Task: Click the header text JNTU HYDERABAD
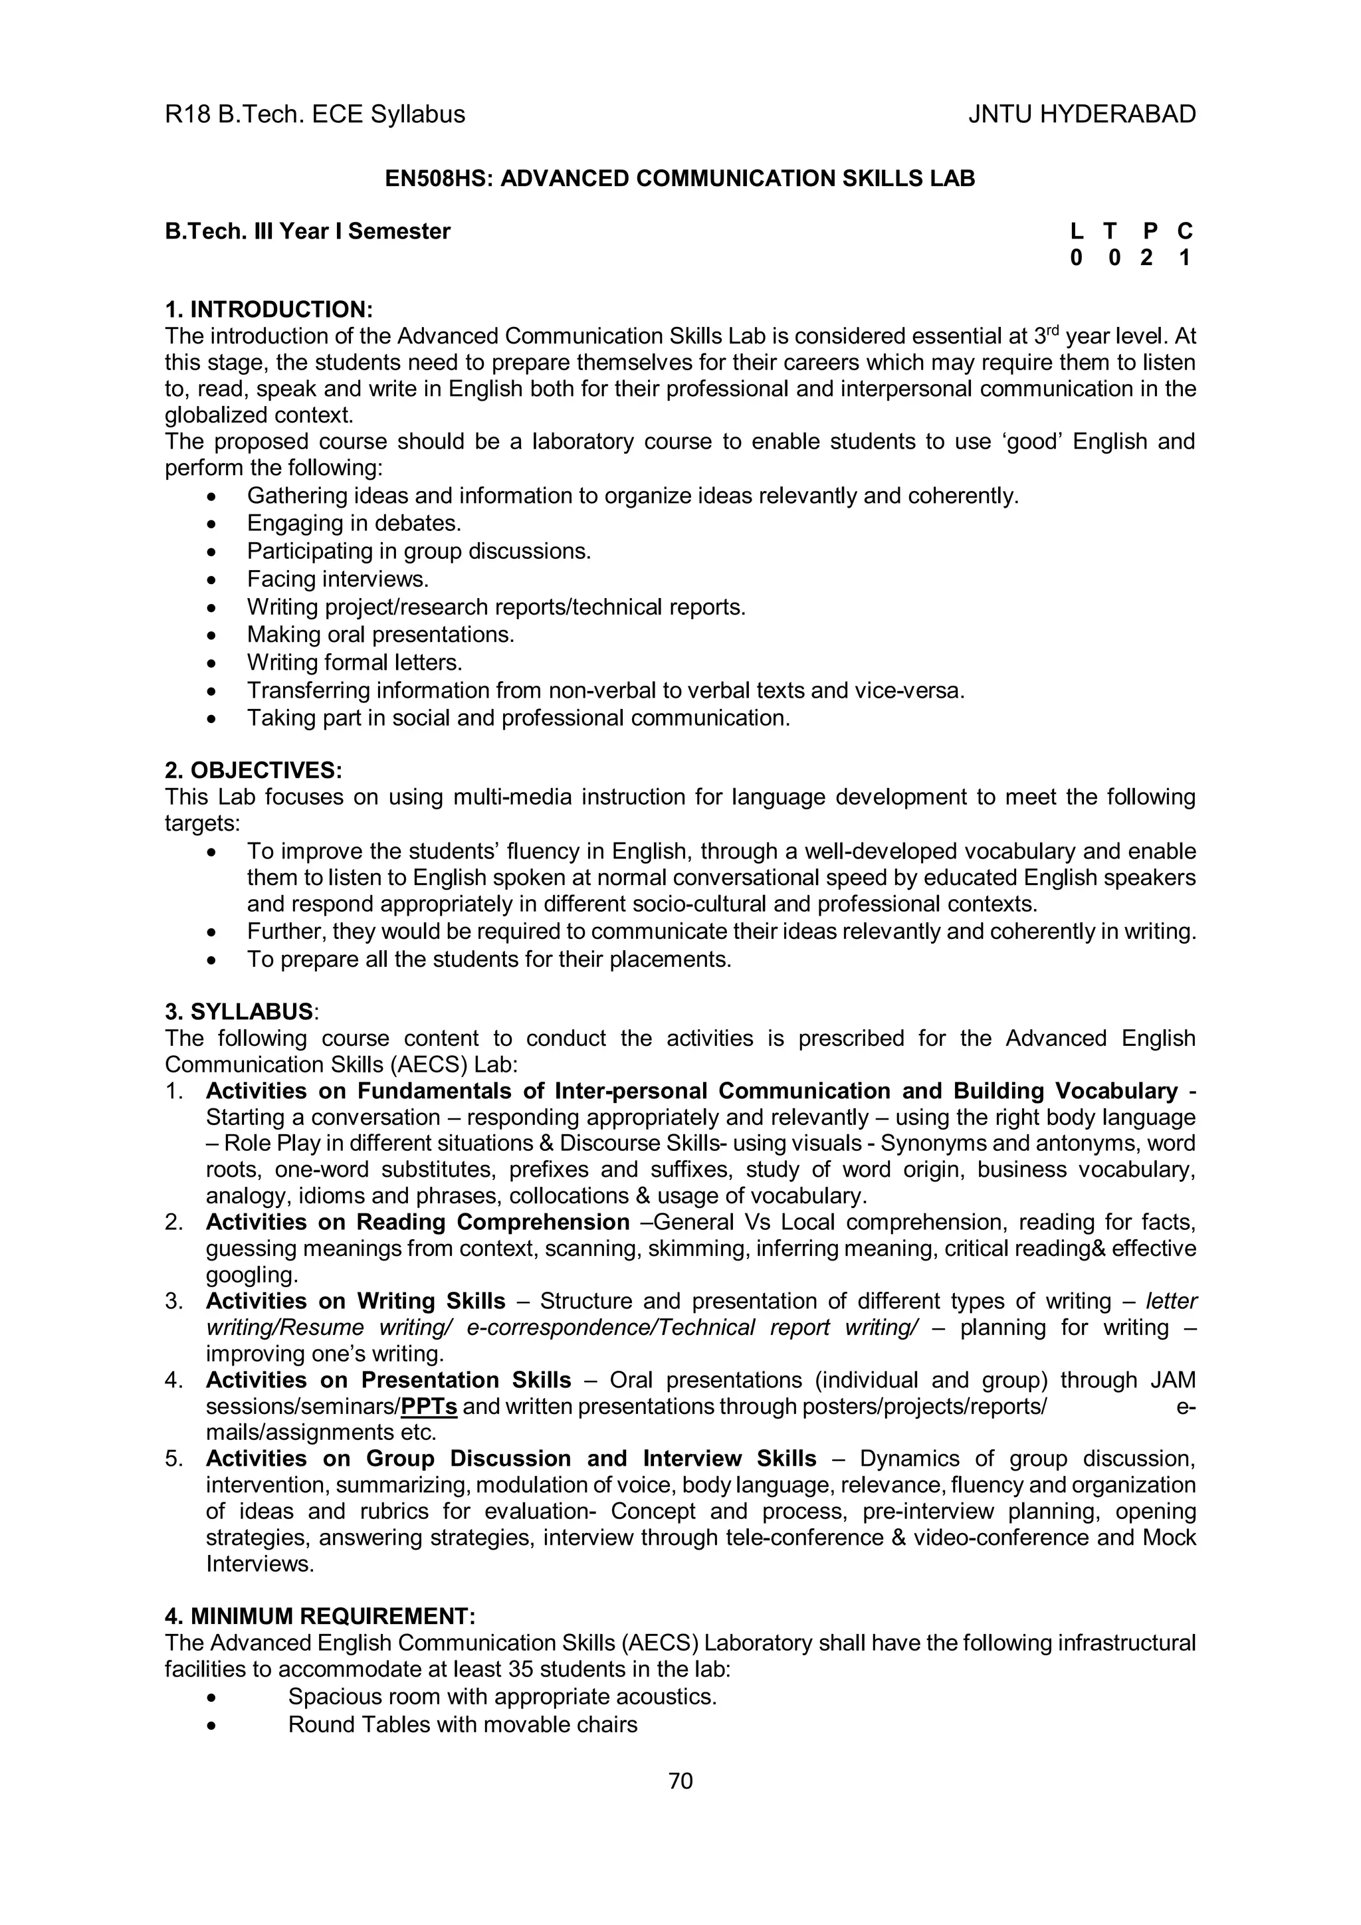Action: (1082, 114)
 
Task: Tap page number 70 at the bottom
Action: (680, 1781)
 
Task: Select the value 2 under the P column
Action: (1146, 258)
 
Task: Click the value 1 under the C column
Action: (1184, 258)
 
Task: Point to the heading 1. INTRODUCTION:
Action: (268, 310)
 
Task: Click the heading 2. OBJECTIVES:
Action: (253, 769)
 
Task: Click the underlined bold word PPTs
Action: (429, 1406)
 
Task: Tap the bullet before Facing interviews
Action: (211, 580)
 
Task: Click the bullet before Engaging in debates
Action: (211, 524)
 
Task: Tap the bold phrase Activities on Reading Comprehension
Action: (417, 1223)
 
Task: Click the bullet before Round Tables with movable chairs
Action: (211, 1726)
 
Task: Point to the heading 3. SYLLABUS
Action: (239, 1011)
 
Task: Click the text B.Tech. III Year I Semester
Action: (307, 231)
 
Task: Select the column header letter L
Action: (1076, 231)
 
